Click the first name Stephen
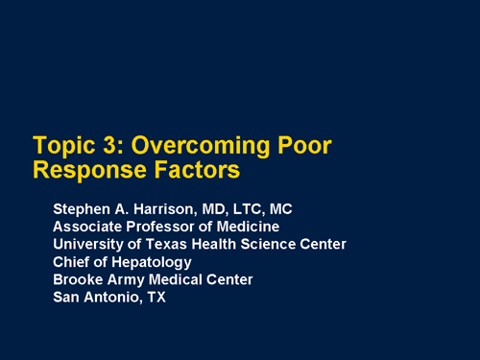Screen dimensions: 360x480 coord(83,208)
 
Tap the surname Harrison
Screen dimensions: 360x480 coord(161,208)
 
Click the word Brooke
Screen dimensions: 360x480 coord(78,278)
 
